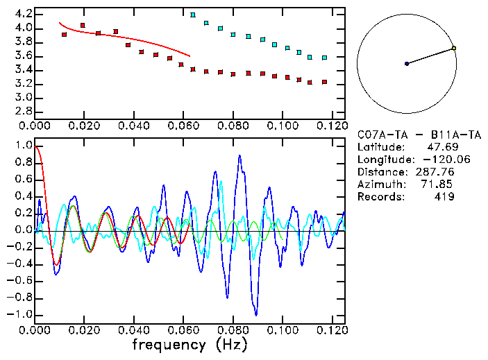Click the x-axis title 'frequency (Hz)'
tap(190, 344)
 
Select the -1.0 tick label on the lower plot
tap(19, 314)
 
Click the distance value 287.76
tap(435, 172)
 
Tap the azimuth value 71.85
tap(439, 185)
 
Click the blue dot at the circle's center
tap(407, 64)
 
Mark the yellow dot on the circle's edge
tap(453, 49)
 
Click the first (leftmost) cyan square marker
tap(193, 15)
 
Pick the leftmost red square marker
tap(65, 34)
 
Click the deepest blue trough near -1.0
tap(256, 314)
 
